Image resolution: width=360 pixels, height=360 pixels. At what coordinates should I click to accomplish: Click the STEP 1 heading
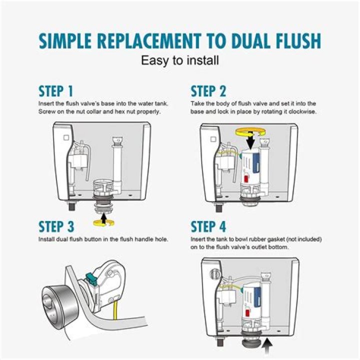56,91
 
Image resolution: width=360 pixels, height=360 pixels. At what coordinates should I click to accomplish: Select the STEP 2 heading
208,91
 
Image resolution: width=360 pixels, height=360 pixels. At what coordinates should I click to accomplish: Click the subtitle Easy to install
180,61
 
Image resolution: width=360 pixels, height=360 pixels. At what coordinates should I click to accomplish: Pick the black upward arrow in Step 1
104,216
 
